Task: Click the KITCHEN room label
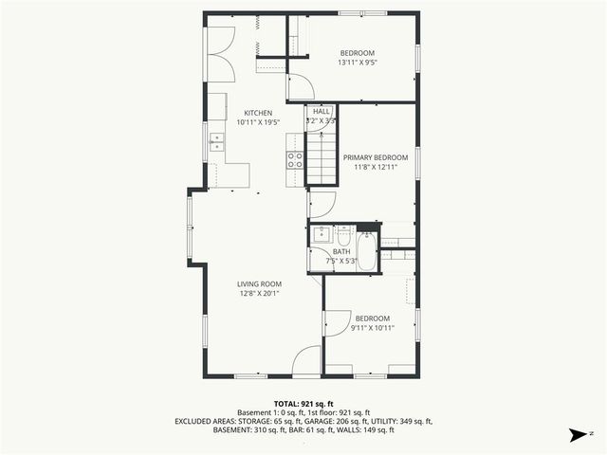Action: pyautogui.click(x=259, y=113)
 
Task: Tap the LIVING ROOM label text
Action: pyautogui.click(x=259, y=283)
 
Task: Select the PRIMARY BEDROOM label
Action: pyautogui.click(x=376, y=157)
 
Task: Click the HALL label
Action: pyautogui.click(x=322, y=111)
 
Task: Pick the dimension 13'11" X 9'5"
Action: pyautogui.click(x=358, y=63)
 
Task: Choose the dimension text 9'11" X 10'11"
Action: pyautogui.click(x=372, y=328)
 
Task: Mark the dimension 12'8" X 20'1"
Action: pyautogui.click(x=259, y=293)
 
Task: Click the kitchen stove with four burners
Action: pyautogui.click(x=295, y=159)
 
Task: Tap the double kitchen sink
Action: pyautogui.click(x=217, y=142)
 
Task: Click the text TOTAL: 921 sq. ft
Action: pyautogui.click(x=303, y=403)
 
